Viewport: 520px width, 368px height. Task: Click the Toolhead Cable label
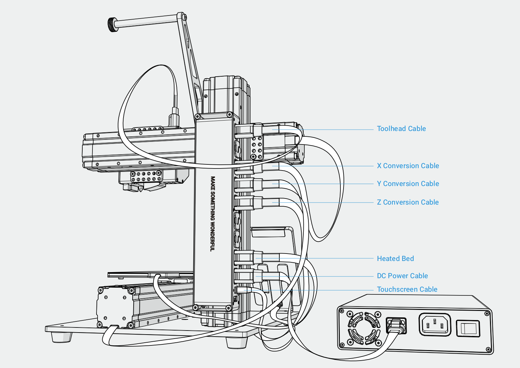pyautogui.click(x=401, y=129)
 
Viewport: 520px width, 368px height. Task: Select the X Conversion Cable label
pyautogui.click(x=408, y=166)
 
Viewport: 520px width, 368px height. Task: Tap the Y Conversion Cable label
pyautogui.click(x=408, y=184)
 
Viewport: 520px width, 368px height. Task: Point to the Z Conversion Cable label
pyautogui.click(x=408, y=202)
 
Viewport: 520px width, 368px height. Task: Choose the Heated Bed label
pyautogui.click(x=395, y=259)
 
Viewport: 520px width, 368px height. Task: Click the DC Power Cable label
pyautogui.click(x=402, y=276)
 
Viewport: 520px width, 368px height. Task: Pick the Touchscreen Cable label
pyautogui.click(x=407, y=289)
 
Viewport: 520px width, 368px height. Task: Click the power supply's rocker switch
pyautogui.click(x=468, y=328)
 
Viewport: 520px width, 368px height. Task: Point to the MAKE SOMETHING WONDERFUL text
pyautogui.click(x=213, y=213)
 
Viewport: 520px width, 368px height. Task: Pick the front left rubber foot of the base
pyautogui.click(x=62, y=337)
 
